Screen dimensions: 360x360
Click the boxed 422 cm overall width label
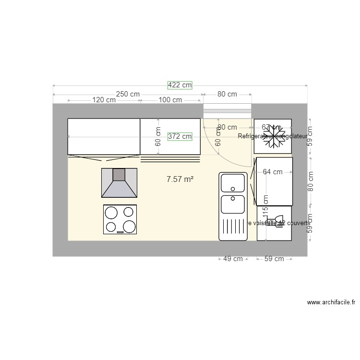pyautogui.click(x=180, y=85)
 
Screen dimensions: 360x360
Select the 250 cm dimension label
pyautogui.click(x=128, y=94)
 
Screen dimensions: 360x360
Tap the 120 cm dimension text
pyautogui.click(x=104, y=100)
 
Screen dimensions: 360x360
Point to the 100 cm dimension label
pyautogui.click(x=170, y=100)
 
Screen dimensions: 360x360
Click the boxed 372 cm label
pyautogui.click(x=180, y=136)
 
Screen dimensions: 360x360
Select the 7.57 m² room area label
pyautogui.click(x=180, y=180)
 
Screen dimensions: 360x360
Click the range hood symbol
pyautogui.click(x=119, y=182)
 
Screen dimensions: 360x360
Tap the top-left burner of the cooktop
pyautogui.click(x=111, y=213)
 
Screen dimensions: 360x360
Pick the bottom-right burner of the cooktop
pyautogui.click(x=128, y=226)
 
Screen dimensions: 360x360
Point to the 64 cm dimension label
pyautogui.click(x=273, y=172)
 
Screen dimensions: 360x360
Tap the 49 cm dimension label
pyautogui.click(x=233, y=259)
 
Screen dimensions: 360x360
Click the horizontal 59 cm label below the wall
pyautogui.click(x=274, y=259)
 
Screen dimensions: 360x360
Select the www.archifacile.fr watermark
pyautogui.click(x=331, y=303)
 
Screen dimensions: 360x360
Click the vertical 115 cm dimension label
pyautogui.click(x=265, y=206)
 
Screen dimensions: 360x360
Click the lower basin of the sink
pyautogui.click(x=233, y=204)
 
